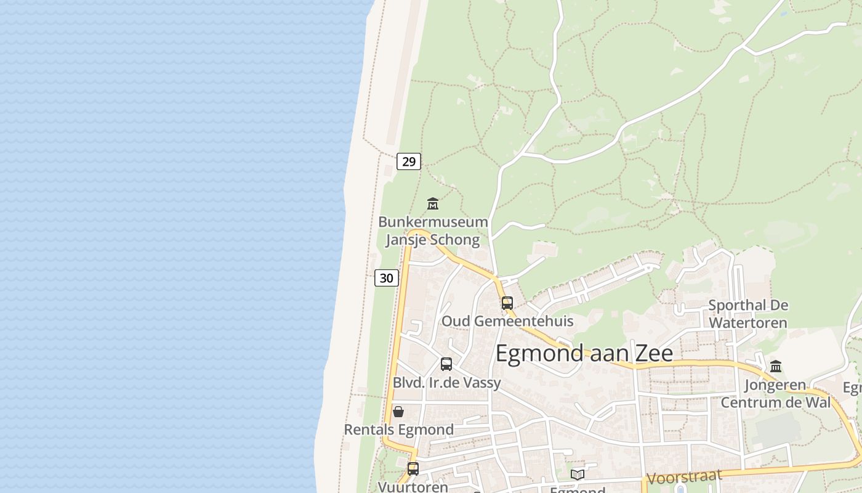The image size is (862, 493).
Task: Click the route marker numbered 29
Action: click(x=408, y=161)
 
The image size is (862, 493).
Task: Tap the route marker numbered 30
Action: click(x=386, y=278)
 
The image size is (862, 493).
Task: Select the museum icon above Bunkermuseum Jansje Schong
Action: click(x=433, y=203)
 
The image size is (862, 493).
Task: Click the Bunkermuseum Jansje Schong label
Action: click(x=433, y=230)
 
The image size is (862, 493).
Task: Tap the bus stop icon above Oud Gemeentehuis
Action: click(x=507, y=303)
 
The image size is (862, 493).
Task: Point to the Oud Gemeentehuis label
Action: click(x=507, y=321)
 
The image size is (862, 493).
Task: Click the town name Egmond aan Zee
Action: click(x=584, y=354)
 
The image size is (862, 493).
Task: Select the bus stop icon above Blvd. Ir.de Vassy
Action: click(x=446, y=364)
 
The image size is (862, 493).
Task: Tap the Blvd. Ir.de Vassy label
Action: click(x=446, y=383)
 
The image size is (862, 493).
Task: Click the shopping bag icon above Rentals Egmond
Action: click(x=398, y=412)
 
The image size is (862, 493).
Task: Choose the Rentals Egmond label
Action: click(x=398, y=430)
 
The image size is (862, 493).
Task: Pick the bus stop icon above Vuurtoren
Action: click(x=413, y=469)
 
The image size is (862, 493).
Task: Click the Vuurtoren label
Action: click(x=413, y=487)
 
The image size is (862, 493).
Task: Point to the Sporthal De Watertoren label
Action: click(x=748, y=314)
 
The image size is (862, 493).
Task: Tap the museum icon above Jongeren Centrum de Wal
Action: click(x=776, y=366)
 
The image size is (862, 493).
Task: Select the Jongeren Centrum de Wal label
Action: click(x=775, y=394)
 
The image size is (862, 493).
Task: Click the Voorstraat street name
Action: click(x=684, y=477)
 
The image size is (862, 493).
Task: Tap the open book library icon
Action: click(x=578, y=475)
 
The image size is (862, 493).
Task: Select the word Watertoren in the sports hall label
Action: click(x=748, y=322)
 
